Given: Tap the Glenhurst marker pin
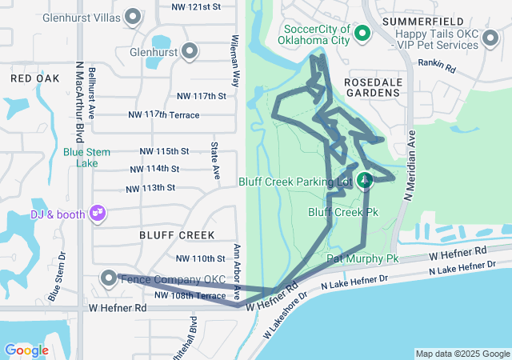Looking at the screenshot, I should [190, 52].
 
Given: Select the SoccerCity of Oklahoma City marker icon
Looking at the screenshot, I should [362, 34].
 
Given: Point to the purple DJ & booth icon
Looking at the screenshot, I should [98, 213].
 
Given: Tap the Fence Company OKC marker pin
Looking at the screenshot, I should [109, 278].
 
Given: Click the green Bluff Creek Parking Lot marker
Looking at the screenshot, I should [365, 181].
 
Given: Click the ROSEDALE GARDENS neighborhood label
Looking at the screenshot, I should [371, 88].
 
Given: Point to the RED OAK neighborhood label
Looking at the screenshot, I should [35, 78].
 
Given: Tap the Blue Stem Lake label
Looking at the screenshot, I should [80, 157].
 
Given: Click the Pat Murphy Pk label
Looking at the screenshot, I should [362, 259].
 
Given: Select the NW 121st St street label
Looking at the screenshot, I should [195, 6].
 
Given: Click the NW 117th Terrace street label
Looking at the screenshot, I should [164, 115].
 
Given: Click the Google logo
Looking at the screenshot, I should [26, 350].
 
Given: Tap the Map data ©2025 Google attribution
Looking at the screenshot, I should [462, 354].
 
